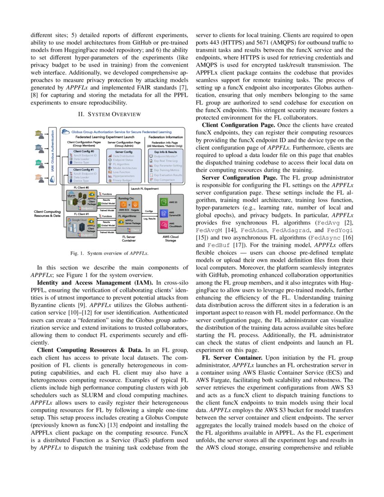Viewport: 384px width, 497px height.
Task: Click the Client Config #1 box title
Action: point(84,169)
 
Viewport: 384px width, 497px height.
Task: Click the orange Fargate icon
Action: point(136,204)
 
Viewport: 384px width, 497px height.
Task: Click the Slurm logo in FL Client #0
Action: point(71,196)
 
